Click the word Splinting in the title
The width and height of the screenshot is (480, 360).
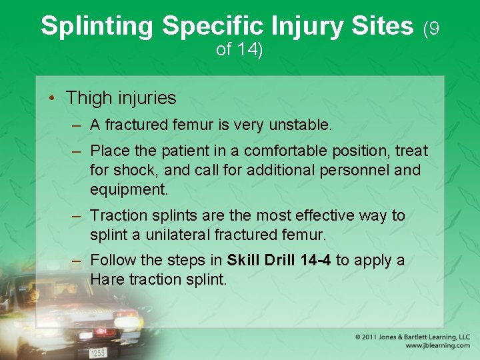[x=97, y=27]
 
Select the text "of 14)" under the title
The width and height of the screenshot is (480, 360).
[x=239, y=49]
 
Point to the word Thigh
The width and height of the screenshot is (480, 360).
[x=88, y=98]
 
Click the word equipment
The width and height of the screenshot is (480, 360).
[x=129, y=189]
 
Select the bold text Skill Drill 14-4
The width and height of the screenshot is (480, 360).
[x=279, y=260]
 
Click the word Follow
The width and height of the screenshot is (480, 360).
[x=112, y=260]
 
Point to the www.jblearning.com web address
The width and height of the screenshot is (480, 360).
[x=437, y=346]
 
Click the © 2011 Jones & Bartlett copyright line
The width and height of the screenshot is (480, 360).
[x=412, y=337]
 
